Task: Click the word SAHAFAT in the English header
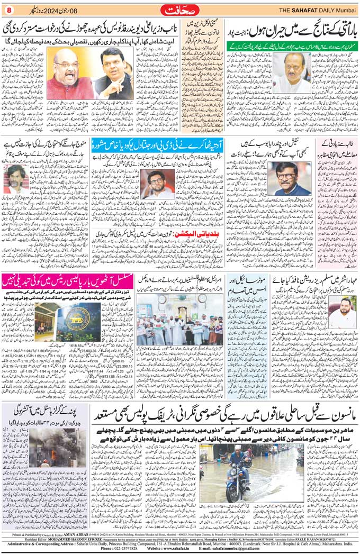pos(304,10)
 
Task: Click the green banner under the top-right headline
pos(290,46)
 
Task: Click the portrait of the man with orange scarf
pos(289,178)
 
